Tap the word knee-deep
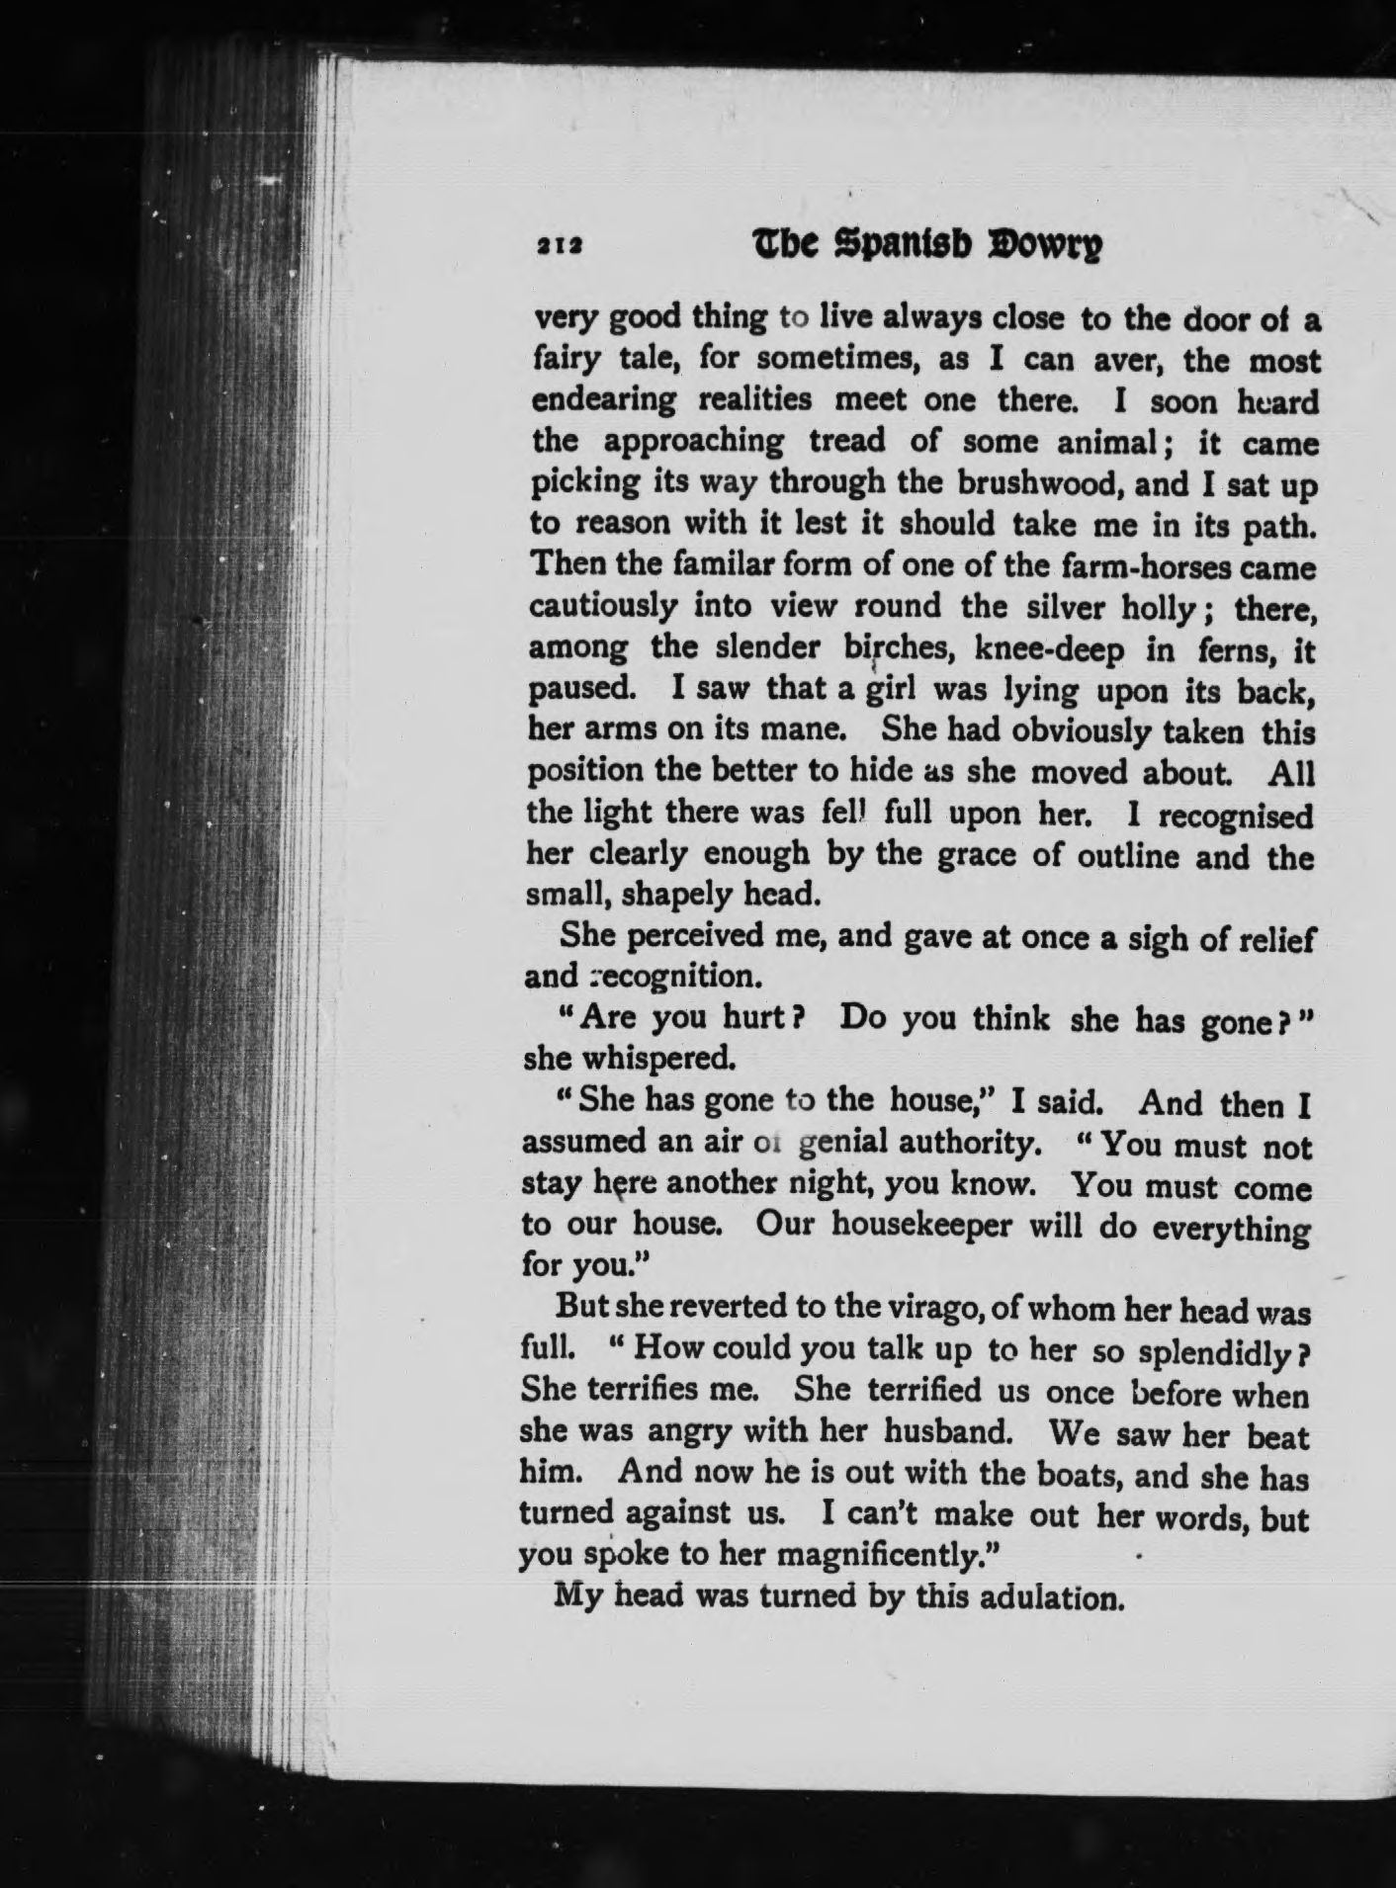[x=1050, y=649]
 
